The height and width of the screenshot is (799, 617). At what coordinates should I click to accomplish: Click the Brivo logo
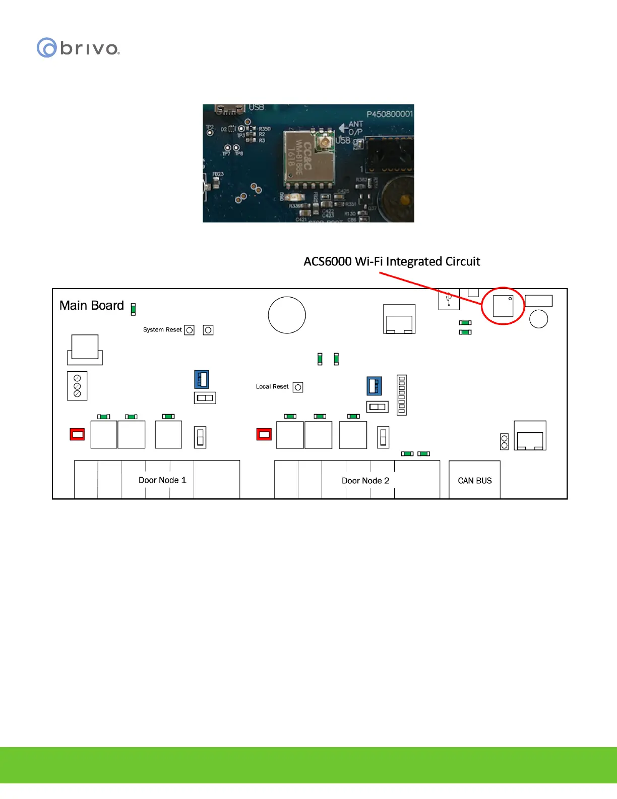78,48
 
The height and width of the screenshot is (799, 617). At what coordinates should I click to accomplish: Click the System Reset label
162,330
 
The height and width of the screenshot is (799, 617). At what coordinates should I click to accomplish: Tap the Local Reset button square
298,387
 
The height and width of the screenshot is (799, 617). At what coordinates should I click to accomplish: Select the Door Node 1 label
162,480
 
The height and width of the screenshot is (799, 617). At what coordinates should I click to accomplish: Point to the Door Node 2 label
365,481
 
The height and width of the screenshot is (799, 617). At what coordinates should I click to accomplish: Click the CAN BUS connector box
474,480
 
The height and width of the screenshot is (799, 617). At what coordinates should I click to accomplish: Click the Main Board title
92,306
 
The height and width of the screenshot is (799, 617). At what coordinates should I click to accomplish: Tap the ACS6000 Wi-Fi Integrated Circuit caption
392,261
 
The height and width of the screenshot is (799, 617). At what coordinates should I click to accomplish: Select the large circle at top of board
287,315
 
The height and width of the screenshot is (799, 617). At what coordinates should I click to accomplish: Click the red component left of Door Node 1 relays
77,434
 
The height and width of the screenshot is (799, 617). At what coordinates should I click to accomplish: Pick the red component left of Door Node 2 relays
264,434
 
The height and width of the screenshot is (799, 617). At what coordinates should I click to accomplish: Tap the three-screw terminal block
77,386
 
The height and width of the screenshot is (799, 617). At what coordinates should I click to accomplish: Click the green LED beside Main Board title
133,309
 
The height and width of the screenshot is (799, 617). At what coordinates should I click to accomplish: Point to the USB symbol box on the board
449,299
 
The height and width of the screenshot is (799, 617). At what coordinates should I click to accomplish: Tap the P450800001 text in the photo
389,114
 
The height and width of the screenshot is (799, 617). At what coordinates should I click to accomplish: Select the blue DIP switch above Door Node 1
202,379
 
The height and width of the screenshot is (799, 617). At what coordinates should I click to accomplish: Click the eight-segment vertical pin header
402,395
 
